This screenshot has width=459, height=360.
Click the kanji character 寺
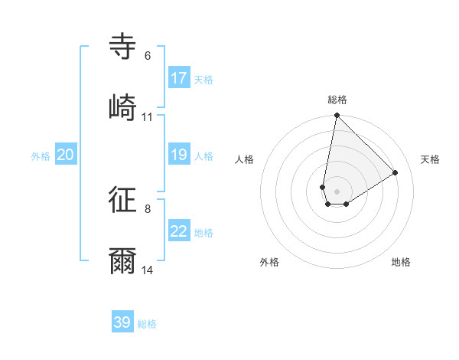coord(123,47)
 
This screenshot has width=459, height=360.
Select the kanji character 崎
coord(123,108)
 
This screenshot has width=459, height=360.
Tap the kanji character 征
coord(123,200)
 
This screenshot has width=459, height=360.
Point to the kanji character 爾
coord(123,262)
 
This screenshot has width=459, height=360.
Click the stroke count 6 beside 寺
coord(148,56)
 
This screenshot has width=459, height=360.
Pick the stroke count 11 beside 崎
coord(148,117)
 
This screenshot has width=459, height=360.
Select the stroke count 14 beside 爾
coord(148,270)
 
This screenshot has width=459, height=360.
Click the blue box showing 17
coord(179,78)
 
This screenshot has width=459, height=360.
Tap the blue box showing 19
coord(179,155)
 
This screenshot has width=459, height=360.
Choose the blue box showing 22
coord(179,231)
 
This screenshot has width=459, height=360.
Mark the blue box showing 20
coord(66,155)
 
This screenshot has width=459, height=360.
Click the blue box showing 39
coord(122,322)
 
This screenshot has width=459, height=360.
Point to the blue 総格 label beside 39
coord(147,324)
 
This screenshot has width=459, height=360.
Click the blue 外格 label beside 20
coord(41,156)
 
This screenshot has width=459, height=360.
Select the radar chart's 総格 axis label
coord(337,100)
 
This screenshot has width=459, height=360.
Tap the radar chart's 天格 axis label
coord(430,159)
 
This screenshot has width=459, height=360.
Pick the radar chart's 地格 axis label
coord(401,262)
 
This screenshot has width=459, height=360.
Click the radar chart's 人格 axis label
coord(245,159)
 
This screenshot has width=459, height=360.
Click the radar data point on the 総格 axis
coord(337,116)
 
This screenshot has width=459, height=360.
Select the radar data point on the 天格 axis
coord(396,172)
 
